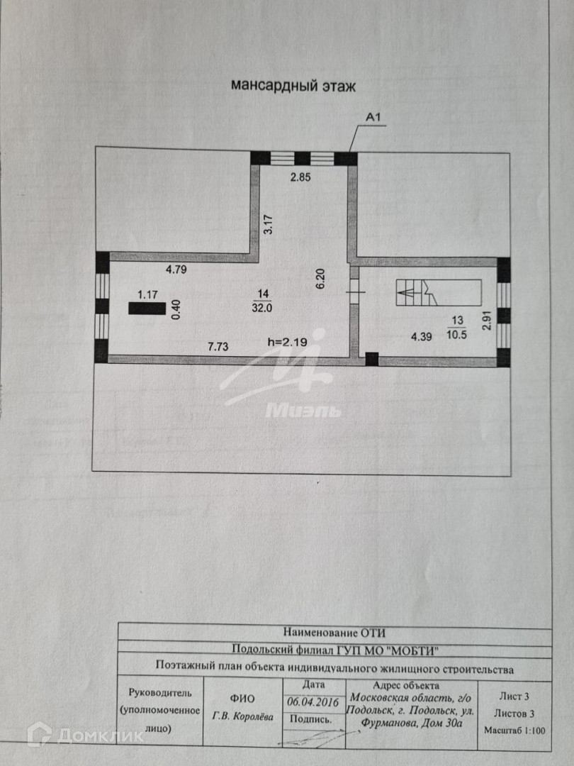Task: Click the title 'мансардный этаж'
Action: click(293, 86)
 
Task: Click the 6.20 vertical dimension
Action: click(320, 277)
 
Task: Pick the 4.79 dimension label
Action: click(179, 269)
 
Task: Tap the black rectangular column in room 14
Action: click(147, 308)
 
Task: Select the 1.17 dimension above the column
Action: click(147, 294)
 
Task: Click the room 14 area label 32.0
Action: click(264, 308)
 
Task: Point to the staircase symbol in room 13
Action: click(439, 292)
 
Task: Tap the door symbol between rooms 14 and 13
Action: click(354, 289)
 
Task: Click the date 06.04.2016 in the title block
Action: click(313, 700)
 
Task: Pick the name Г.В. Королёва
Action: click(242, 716)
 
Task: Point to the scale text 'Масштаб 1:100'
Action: click(514, 729)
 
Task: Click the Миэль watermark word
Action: click(303, 410)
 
